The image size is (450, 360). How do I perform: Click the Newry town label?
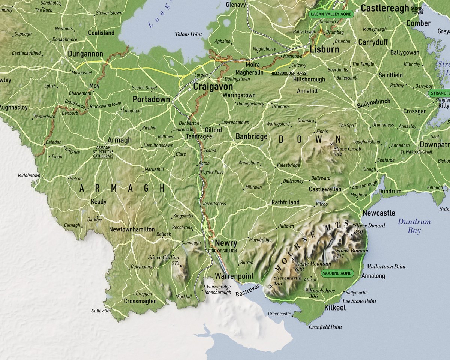(226, 243)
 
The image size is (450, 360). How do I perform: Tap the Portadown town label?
(151, 99)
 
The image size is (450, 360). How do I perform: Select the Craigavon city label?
(213, 86)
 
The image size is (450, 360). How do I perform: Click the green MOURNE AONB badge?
(337, 273)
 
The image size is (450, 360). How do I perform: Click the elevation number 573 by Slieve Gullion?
(175, 263)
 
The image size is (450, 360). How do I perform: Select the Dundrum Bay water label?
(414, 226)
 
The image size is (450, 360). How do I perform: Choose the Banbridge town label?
(251, 137)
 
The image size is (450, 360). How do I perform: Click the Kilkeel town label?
(335, 308)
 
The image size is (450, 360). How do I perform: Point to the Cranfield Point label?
(325, 327)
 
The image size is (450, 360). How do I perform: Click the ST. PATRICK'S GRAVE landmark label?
(416, 152)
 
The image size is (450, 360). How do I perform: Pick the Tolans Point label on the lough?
(188, 34)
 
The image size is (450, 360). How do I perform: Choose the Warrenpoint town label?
(234, 276)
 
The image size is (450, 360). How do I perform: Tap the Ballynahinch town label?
(373, 102)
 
